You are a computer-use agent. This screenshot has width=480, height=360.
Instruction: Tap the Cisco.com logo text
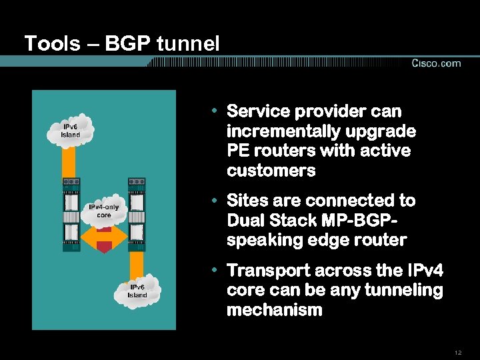tap(436, 63)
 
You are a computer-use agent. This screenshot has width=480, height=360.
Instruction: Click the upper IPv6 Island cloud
tap(71, 131)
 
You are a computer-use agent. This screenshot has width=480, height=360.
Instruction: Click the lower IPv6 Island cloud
tap(137, 291)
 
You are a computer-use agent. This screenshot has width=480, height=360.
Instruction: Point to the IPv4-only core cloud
tap(104, 211)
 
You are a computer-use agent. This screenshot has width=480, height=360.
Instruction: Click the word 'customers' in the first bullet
tap(271, 171)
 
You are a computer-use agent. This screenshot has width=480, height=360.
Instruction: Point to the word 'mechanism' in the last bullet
tap(274, 310)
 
